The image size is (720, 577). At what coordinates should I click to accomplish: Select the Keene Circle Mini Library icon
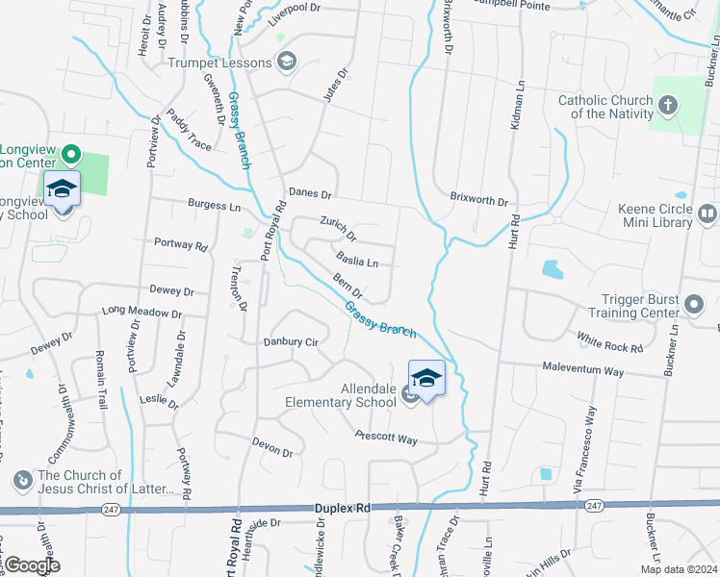(707, 213)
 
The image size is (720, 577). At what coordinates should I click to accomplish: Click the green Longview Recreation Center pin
(70, 154)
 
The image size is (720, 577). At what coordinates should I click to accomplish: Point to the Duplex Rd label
(342, 507)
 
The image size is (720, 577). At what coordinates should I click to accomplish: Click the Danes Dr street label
(309, 193)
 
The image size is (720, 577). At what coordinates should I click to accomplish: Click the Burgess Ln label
(214, 205)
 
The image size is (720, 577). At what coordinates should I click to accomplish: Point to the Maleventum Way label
(583, 370)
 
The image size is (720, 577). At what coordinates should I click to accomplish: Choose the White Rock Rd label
(609, 339)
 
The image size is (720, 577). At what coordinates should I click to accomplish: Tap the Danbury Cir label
(291, 341)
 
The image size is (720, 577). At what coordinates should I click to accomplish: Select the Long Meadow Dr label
(141, 313)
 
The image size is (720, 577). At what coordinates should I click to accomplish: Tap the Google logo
(31, 565)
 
